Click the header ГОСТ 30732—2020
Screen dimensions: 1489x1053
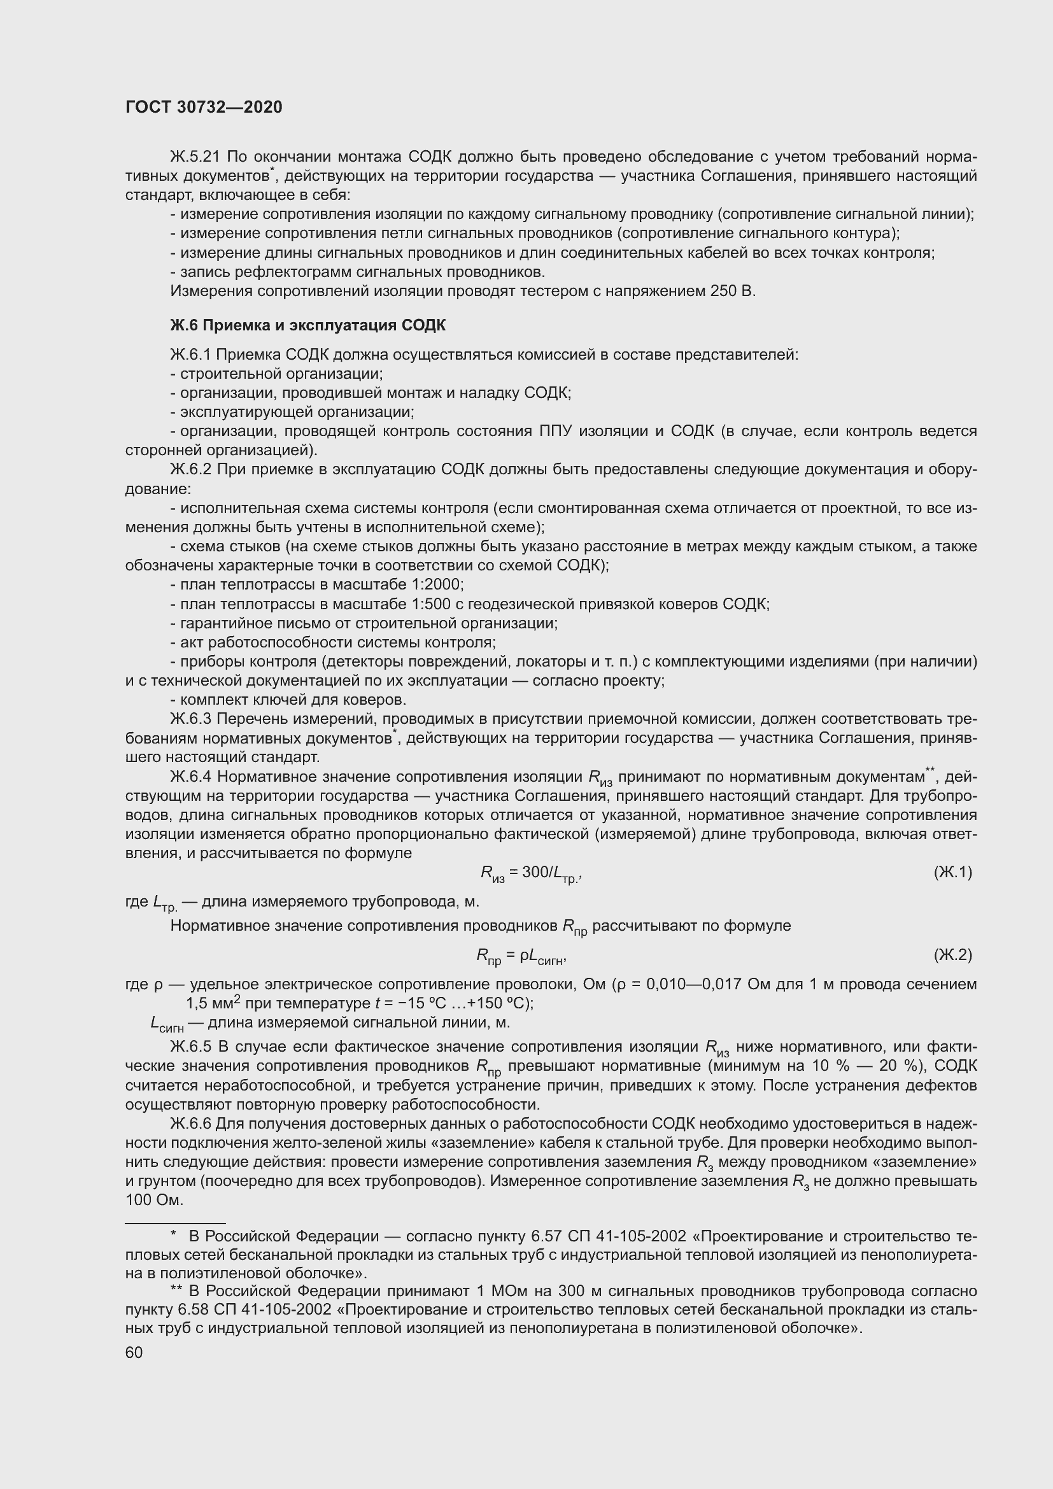pos(204,107)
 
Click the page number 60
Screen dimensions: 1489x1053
pos(134,1352)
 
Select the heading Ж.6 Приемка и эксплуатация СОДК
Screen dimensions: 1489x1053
pos(307,325)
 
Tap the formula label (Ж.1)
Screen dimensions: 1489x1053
pos(952,872)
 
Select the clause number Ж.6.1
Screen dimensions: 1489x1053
pos(190,355)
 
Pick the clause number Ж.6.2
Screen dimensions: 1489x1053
pos(190,470)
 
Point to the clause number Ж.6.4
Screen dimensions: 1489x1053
pos(190,777)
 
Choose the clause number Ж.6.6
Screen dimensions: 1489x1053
pos(190,1123)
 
